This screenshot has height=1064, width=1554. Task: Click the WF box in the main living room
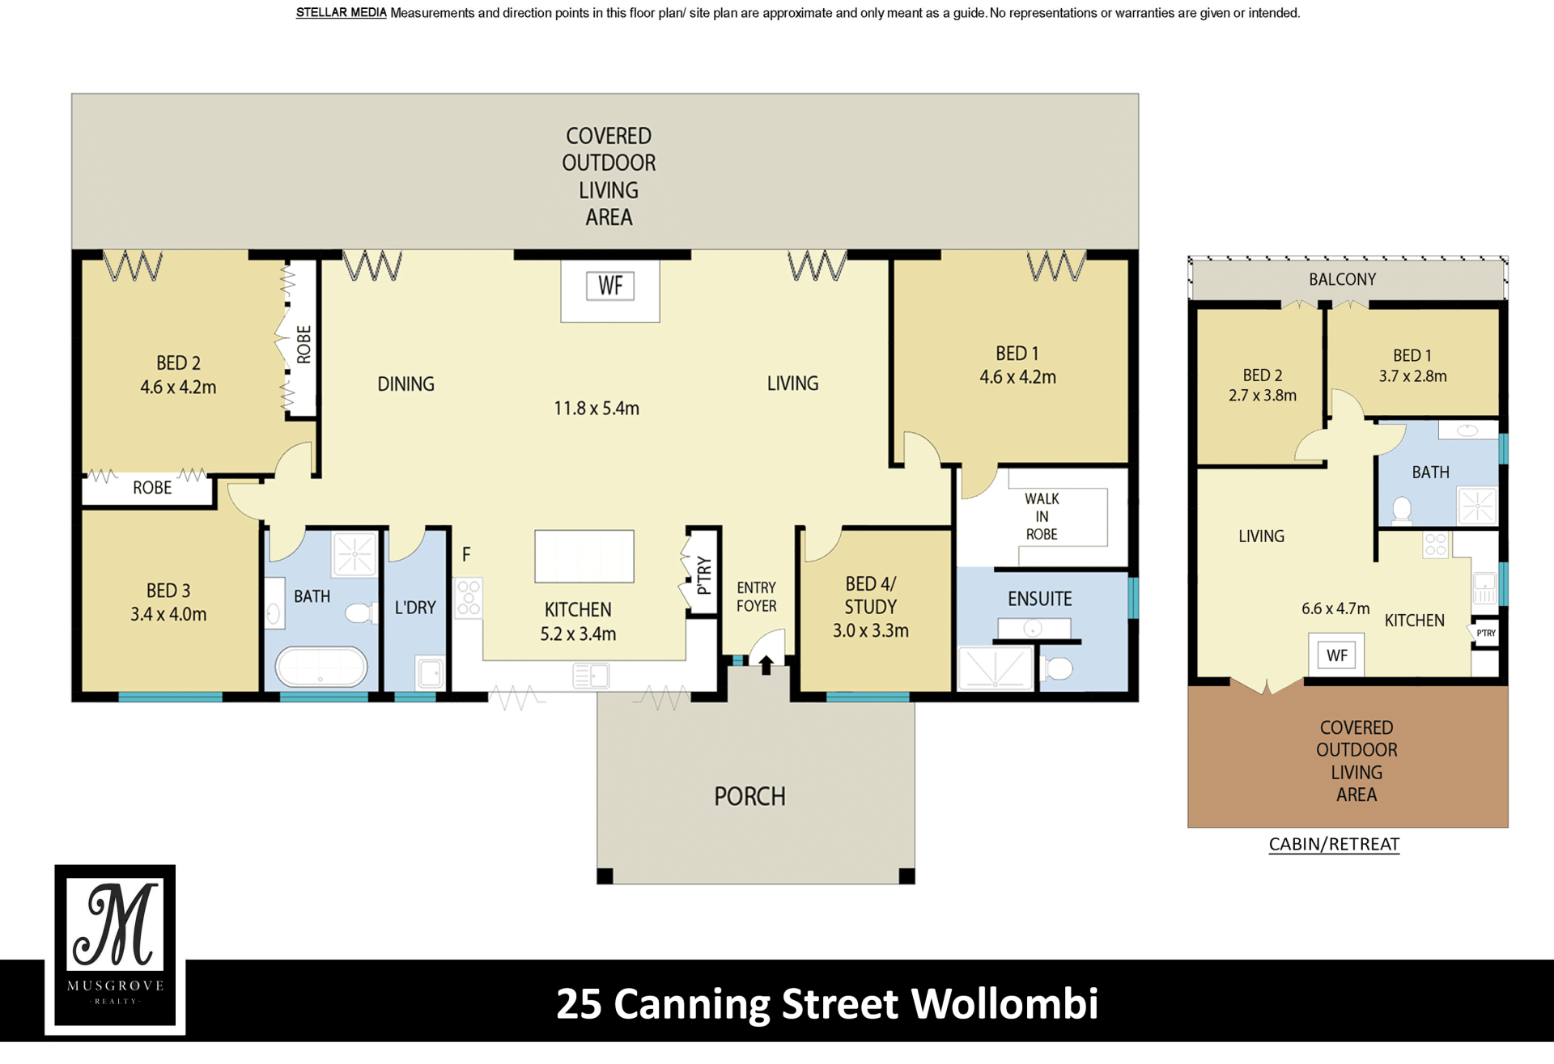610,286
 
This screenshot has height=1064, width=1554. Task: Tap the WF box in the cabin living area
1337,655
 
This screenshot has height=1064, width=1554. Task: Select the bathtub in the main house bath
321,668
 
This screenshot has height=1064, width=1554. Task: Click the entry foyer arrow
766,664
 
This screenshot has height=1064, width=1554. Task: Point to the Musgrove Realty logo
115,947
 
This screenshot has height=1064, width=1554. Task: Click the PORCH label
749,797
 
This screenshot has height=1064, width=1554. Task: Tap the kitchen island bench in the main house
584,557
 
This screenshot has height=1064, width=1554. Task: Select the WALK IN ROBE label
1042,516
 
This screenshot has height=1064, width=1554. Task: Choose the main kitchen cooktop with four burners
469,598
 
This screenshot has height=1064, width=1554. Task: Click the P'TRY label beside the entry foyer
704,574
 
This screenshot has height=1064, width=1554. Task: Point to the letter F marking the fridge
466,555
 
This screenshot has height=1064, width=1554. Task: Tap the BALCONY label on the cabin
1342,280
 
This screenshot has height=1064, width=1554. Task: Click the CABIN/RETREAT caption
1334,845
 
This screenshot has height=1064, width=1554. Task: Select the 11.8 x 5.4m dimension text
597,409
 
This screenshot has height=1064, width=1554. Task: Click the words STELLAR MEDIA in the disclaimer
341,13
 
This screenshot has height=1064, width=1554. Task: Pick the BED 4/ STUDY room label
871,596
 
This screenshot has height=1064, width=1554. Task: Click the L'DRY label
415,608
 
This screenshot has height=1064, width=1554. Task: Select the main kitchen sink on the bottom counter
591,675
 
